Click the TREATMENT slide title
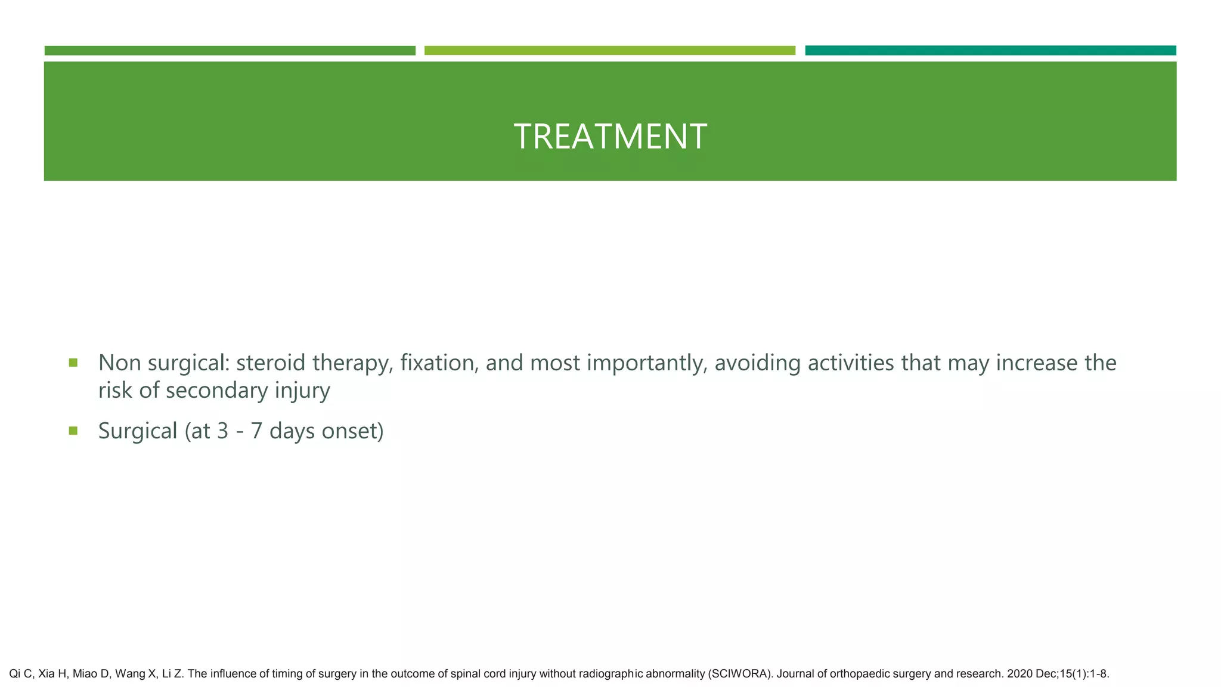[x=610, y=136]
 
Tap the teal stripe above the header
[x=990, y=51]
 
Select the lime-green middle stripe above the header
[x=609, y=51]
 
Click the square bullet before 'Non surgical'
[x=73, y=363]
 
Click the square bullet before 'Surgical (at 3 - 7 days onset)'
[x=73, y=431]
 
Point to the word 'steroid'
[x=271, y=363]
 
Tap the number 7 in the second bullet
[x=256, y=431]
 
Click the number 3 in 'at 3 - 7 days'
[x=223, y=431]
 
